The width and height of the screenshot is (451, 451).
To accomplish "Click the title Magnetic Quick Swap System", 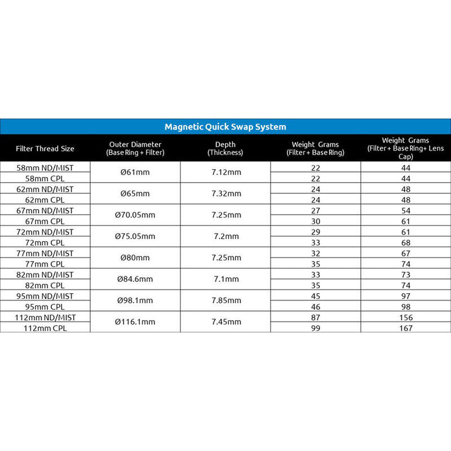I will tap(225, 127).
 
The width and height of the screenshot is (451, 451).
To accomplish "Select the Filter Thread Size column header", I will tap(45, 149).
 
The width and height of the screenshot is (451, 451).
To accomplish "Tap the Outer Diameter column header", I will tap(135, 148).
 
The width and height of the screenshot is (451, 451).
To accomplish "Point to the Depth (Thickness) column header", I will tap(225, 148).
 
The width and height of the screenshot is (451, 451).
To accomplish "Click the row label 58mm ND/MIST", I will tap(45, 167).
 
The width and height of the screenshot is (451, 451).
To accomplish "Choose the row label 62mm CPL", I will tap(45, 199).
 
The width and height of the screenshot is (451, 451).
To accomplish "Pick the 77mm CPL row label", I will tap(45, 263).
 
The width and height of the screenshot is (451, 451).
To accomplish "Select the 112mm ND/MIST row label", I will tap(45, 317).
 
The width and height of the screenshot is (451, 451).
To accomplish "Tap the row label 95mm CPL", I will tap(45, 306).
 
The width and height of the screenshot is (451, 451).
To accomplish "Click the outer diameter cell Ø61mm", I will tap(135, 173).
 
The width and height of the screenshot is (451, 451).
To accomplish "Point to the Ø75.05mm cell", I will tap(135, 237).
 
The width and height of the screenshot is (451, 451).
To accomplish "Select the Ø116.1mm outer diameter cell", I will tap(135, 322).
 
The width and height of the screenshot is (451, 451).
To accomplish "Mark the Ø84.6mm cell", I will tap(135, 280).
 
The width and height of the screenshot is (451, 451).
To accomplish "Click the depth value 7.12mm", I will tap(225, 173).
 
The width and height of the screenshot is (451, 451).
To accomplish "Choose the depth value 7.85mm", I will tap(225, 301).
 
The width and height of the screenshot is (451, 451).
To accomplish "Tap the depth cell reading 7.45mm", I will tap(225, 322).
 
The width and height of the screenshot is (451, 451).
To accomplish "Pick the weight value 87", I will tap(316, 317).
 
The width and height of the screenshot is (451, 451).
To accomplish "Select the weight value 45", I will tap(316, 296).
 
